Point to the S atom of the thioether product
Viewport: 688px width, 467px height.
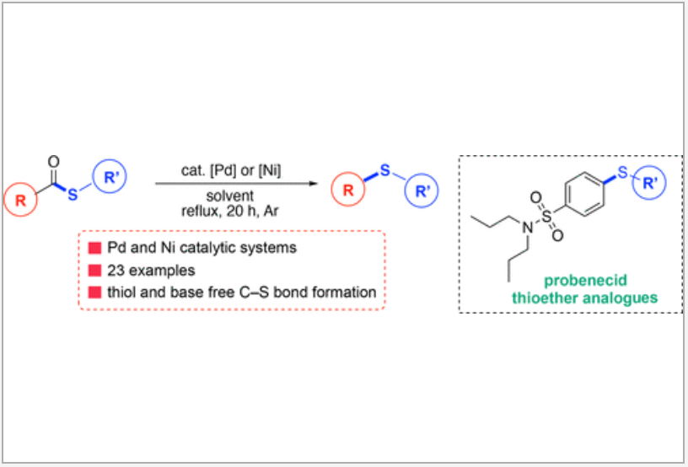pyautogui.click(x=384, y=171)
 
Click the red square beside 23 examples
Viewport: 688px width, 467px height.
pyautogui.click(x=94, y=271)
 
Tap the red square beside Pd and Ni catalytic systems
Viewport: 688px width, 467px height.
pyautogui.click(x=94, y=249)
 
